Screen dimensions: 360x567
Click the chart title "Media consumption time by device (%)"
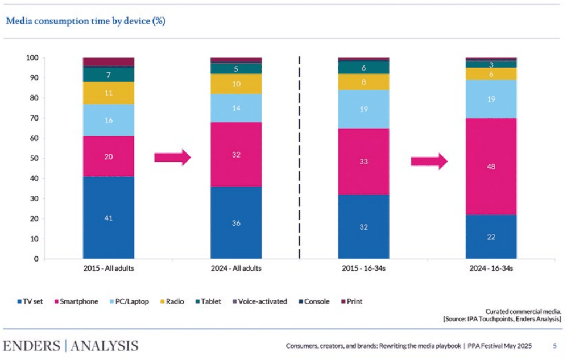click(x=85, y=21)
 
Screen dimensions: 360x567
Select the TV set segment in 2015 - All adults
click(x=108, y=217)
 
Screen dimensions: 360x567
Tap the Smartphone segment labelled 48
click(x=491, y=167)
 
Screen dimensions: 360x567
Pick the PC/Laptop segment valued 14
click(x=235, y=108)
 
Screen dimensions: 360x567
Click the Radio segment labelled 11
click(x=108, y=93)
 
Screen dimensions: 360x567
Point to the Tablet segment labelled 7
click(x=108, y=75)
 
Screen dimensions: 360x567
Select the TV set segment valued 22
click(x=491, y=237)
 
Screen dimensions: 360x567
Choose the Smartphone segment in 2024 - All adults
click(x=235, y=154)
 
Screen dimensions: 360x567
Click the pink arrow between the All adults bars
click(x=172, y=158)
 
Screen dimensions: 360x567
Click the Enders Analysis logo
click(x=71, y=345)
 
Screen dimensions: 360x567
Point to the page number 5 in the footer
click(x=554, y=346)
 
